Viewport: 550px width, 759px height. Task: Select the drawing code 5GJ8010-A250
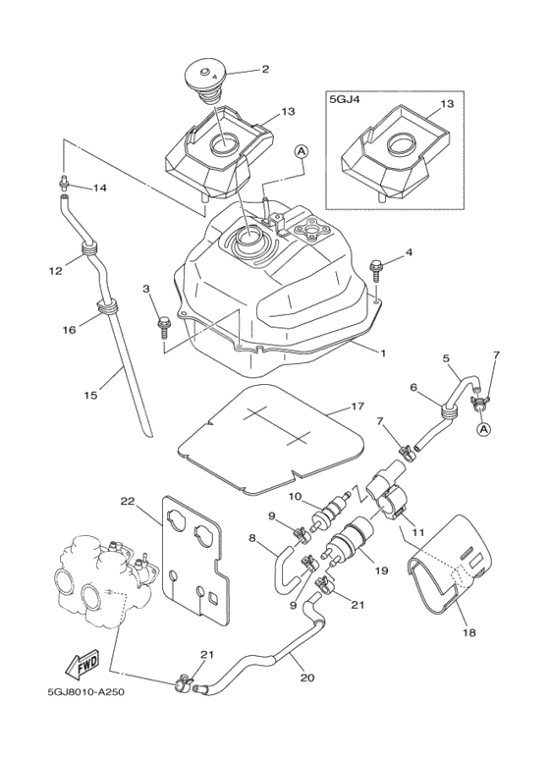85,692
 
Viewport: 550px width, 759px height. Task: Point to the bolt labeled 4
376,273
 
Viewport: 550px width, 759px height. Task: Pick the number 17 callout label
357,407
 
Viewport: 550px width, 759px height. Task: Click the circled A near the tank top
302,152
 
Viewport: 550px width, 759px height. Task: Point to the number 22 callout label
128,502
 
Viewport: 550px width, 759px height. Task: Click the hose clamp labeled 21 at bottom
183,682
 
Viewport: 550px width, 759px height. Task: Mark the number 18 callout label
469,632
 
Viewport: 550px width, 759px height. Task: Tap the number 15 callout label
90,395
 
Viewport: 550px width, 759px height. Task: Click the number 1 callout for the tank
382,353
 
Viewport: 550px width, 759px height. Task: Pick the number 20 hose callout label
307,678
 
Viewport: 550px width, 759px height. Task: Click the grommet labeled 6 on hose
450,411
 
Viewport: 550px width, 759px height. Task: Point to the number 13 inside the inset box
447,103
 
